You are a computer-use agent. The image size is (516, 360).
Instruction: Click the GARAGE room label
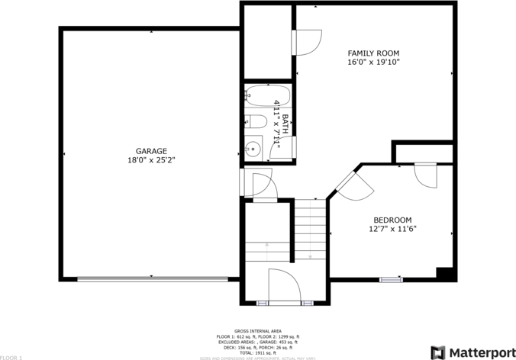[x=151, y=151]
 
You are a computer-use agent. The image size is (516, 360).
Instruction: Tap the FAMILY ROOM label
[x=373, y=53]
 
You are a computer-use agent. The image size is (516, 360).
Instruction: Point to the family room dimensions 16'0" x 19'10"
[x=373, y=63]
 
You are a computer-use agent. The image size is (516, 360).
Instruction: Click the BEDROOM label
[x=392, y=220]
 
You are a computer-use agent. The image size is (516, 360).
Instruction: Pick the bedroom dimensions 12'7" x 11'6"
[x=392, y=228]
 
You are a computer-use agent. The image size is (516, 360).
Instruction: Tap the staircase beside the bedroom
[x=311, y=229]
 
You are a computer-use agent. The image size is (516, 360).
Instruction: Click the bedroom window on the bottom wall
[x=391, y=280]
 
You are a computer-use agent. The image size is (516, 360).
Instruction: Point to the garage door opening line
[x=153, y=279]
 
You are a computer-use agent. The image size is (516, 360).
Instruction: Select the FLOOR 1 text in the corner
[x=11, y=357]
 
